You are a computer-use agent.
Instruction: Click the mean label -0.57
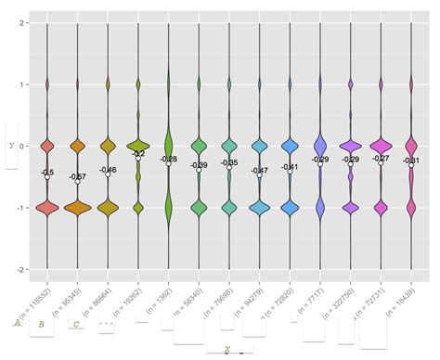(78, 176)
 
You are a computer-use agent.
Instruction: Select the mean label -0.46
(108, 170)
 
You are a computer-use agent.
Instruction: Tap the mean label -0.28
(168, 159)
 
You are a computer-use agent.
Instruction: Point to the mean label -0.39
(199, 164)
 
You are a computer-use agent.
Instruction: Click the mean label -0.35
(229, 162)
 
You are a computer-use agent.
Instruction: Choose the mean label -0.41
(290, 166)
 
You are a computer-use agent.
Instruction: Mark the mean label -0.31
(410, 161)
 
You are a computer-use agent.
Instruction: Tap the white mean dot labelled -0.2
(138, 159)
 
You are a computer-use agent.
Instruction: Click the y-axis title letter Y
(11, 145)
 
